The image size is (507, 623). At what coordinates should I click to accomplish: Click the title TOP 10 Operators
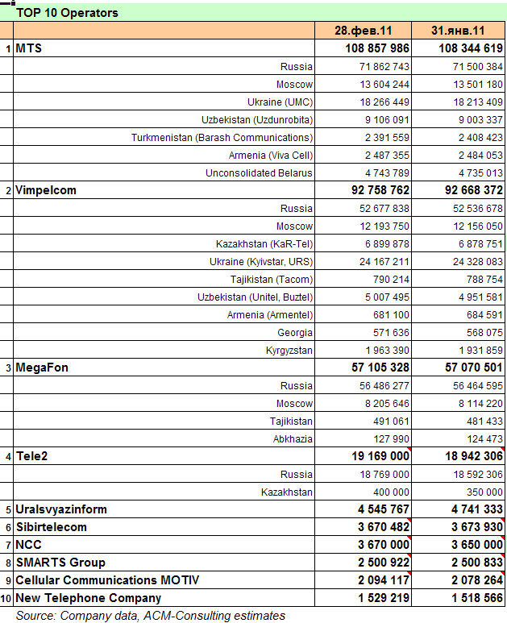(x=67, y=13)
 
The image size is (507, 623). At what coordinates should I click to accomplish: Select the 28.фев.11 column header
(x=364, y=31)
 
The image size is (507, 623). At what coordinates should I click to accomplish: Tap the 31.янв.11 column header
(x=458, y=31)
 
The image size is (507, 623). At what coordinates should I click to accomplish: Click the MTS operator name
(x=28, y=48)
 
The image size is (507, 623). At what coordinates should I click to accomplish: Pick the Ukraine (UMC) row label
(x=280, y=102)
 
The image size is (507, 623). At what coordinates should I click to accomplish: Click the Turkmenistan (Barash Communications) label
(x=222, y=137)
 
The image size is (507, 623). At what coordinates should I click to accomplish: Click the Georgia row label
(x=295, y=332)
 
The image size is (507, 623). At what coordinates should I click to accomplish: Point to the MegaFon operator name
(x=42, y=368)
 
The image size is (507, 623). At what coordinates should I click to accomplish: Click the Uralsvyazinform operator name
(x=61, y=509)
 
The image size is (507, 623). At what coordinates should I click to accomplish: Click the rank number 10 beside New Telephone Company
(x=6, y=598)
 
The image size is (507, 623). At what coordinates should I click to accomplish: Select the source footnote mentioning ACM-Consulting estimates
(x=150, y=616)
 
